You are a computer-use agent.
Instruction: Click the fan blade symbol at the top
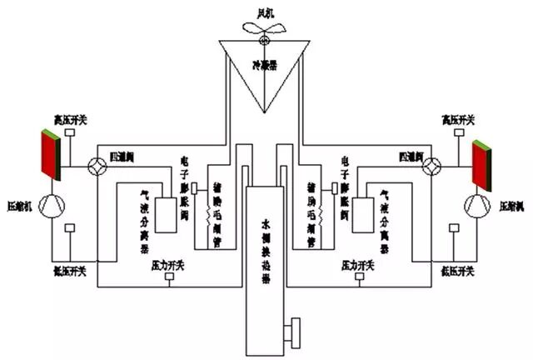coord(264,29)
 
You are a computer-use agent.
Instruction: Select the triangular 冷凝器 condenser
coord(264,71)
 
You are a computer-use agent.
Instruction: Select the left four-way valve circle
coord(95,166)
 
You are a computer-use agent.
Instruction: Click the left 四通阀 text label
coord(124,157)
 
